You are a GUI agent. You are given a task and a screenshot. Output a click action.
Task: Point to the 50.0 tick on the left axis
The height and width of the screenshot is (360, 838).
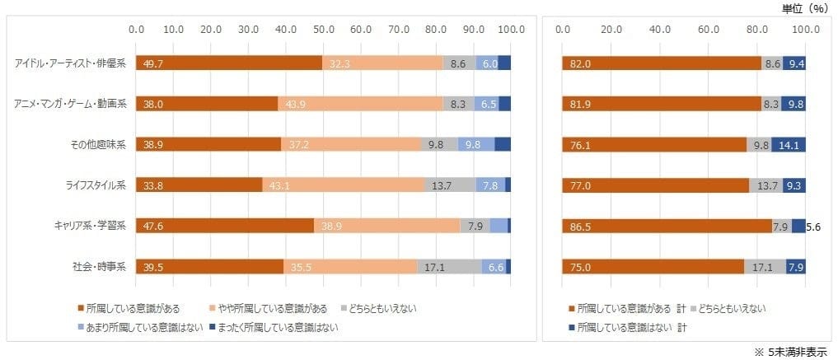pyautogui.click(x=324, y=30)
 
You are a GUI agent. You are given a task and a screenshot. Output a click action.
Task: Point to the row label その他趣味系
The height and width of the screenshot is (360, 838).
pyautogui.click(x=97, y=144)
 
